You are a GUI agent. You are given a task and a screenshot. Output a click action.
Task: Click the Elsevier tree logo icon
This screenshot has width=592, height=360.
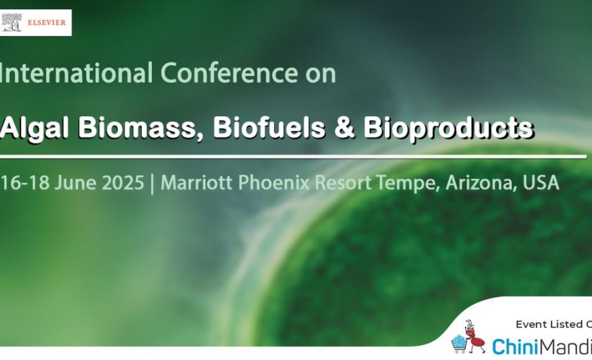pos(12,22)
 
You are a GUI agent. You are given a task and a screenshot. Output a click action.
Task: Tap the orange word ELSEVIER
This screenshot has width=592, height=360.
pos(47,22)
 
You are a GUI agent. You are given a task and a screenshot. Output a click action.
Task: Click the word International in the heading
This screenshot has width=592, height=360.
pos(76,73)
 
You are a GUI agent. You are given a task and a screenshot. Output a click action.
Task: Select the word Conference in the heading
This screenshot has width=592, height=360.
pos(229,73)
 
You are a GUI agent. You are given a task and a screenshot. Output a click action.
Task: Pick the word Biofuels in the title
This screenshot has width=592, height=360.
pos(269,127)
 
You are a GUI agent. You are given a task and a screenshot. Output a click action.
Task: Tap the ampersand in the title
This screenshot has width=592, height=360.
pos(345,127)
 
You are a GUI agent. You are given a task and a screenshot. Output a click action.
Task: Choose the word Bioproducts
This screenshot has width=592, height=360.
pos(448,128)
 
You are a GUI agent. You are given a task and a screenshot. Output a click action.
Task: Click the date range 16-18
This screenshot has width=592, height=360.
pos(25,183)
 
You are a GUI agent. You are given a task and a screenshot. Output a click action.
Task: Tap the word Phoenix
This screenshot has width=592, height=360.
pos(274,183)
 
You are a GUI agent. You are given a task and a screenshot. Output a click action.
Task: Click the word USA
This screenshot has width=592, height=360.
pos(540,183)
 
